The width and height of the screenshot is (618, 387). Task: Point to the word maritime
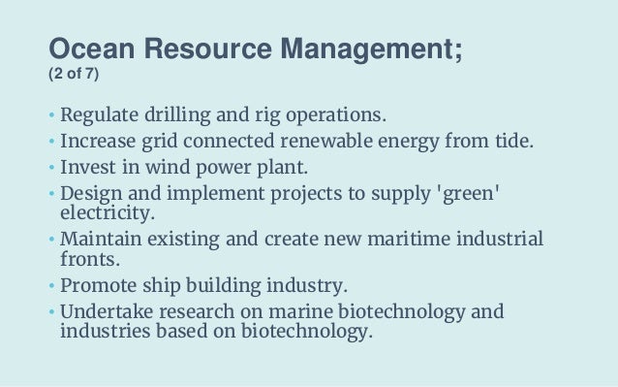click(x=382, y=239)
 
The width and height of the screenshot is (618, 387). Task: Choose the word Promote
click(x=98, y=287)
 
